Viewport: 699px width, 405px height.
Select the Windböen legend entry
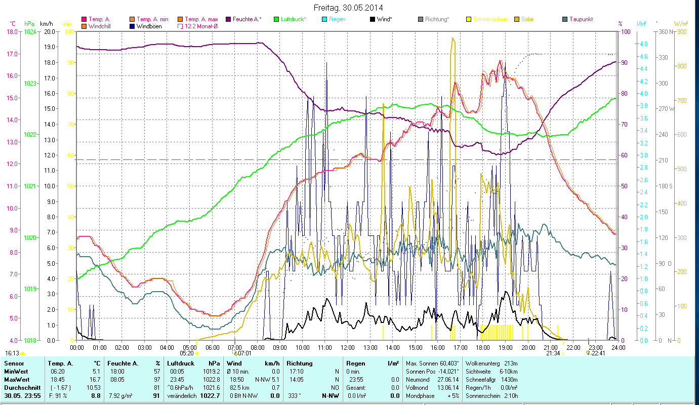point(149,26)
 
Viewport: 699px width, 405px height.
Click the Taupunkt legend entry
point(581,19)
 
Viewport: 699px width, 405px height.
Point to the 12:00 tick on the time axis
point(347,348)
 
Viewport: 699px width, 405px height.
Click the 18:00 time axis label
point(483,348)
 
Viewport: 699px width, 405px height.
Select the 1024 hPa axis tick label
point(30,32)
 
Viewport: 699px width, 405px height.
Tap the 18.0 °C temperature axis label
point(12,32)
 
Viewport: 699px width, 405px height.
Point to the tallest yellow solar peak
point(453,38)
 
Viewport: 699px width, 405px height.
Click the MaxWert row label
point(16,380)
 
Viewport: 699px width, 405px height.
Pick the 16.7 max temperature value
point(96,380)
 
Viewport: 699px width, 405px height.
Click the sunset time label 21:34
point(553,353)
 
